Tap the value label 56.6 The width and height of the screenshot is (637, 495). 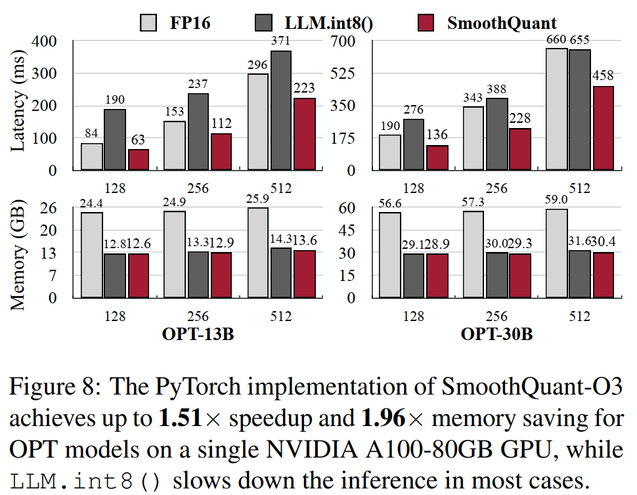point(390,203)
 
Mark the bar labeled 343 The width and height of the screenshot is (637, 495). point(473,138)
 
